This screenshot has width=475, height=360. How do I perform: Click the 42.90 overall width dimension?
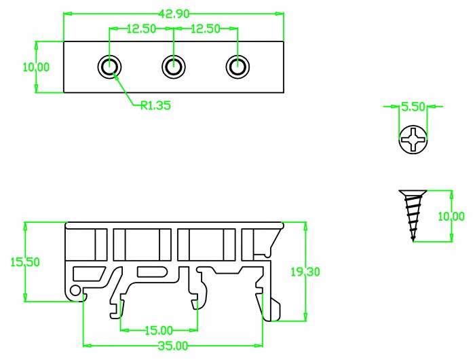pyautogui.click(x=173, y=13)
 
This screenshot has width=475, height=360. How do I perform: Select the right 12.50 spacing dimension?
pyautogui.click(x=206, y=29)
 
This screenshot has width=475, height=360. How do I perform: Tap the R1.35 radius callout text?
pyautogui.click(x=155, y=105)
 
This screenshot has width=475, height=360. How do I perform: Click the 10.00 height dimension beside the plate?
pyautogui.click(x=36, y=67)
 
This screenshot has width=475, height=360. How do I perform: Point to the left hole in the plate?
pyautogui.click(x=110, y=67)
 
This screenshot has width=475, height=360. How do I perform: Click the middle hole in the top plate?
pyautogui.click(x=174, y=67)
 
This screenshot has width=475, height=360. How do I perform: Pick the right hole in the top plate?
pyautogui.click(x=237, y=67)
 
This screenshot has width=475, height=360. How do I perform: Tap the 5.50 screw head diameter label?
pyautogui.click(x=413, y=107)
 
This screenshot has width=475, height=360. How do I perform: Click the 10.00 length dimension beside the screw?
pyautogui.click(x=451, y=216)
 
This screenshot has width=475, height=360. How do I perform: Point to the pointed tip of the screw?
pyautogui.click(x=413, y=238)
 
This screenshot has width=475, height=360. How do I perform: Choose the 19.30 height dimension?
pyautogui.click(x=304, y=271)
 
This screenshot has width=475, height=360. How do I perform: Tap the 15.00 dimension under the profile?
pyautogui.click(x=158, y=330)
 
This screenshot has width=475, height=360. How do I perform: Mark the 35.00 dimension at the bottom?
pyautogui.click(x=173, y=346)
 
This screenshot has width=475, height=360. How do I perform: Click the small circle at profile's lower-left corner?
pyautogui.click(x=75, y=291)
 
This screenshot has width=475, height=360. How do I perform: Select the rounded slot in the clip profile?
pyautogui.click(x=151, y=272)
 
